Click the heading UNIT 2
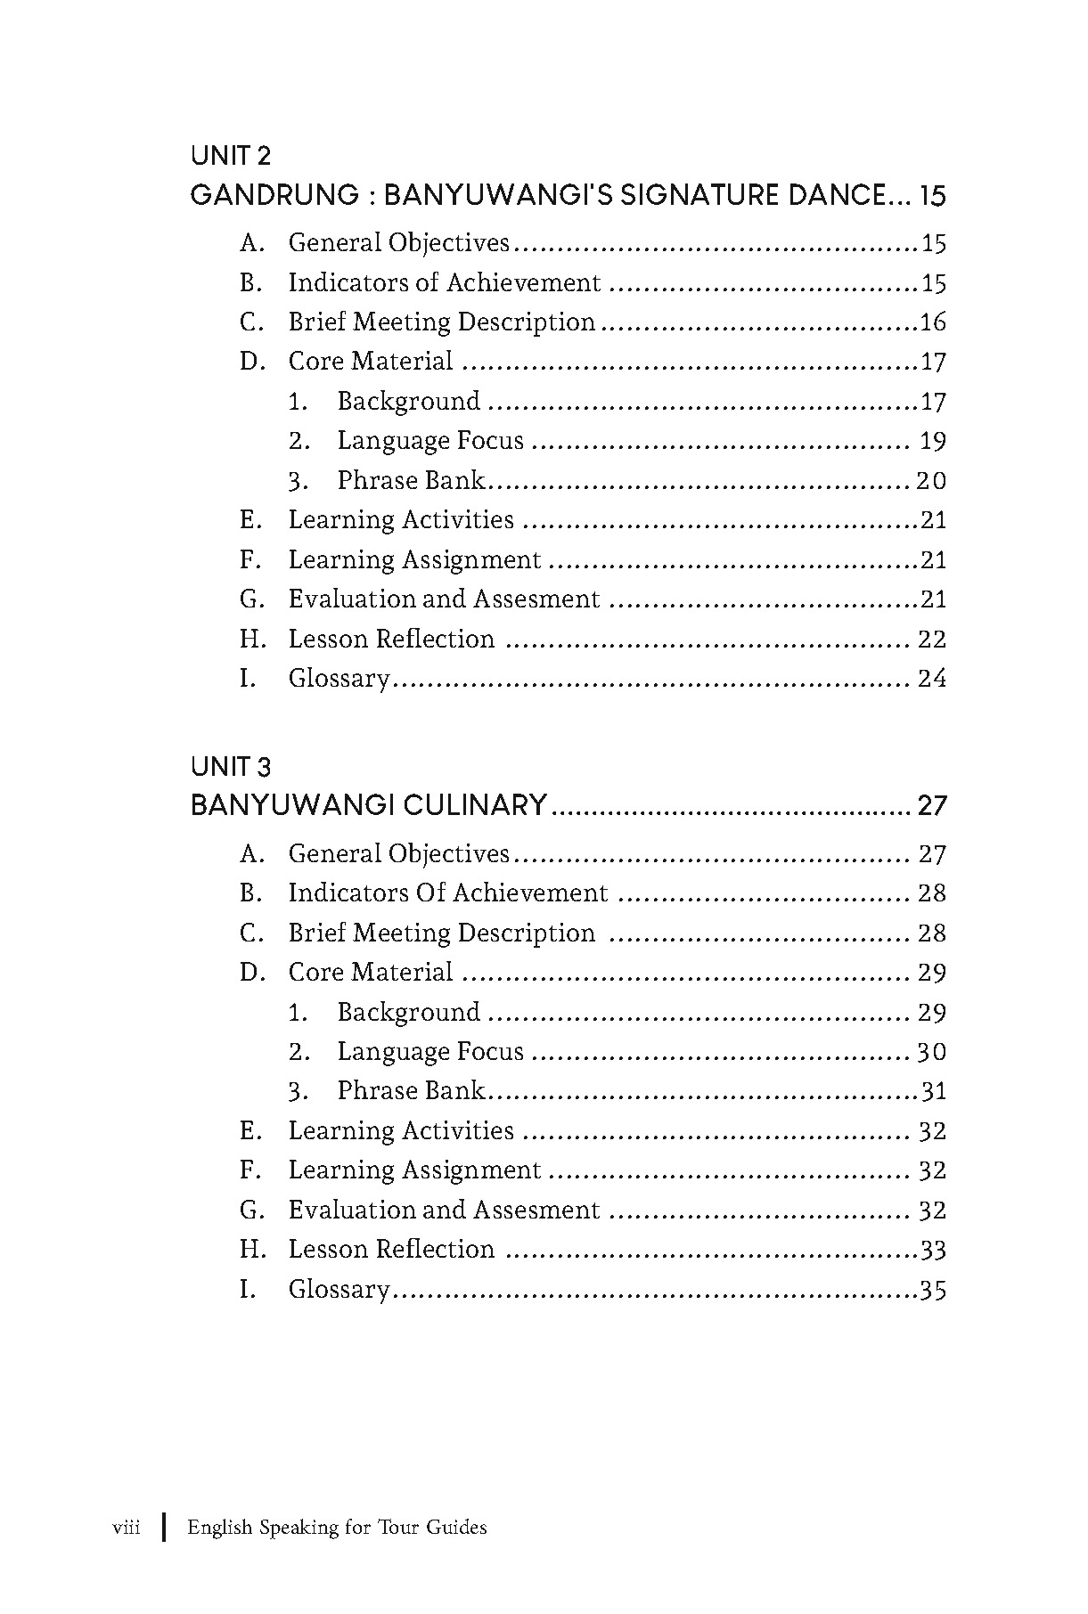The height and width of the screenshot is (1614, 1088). coord(231,157)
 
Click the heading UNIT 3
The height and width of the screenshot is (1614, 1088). coord(231,767)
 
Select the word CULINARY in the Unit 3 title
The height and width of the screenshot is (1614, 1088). coord(475,806)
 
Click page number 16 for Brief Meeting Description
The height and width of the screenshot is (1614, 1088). coord(933,322)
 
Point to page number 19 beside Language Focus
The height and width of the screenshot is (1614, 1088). coord(933,442)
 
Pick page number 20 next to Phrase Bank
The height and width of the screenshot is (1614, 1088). coord(931,481)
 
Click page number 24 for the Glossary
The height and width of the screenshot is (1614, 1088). coord(932,679)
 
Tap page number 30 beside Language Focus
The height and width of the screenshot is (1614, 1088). coord(931,1052)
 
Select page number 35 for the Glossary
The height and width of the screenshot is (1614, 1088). coord(933,1290)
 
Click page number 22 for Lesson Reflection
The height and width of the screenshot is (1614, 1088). coord(932,640)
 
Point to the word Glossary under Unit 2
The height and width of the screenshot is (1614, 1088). coord(339,680)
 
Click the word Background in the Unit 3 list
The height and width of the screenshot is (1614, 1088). coord(408,1013)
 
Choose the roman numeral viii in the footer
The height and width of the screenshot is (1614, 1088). coord(126,1528)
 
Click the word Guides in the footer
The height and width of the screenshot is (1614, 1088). coord(456,1528)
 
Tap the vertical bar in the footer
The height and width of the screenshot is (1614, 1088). coord(164,1528)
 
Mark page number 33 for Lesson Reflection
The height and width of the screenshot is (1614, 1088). coord(933,1251)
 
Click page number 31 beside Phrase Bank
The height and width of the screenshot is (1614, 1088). coord(933,1092)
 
